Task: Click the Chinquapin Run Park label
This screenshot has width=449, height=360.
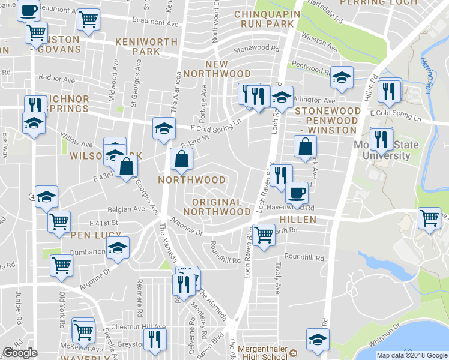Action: coord(264,19)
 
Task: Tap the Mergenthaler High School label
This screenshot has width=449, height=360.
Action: coord(264,352)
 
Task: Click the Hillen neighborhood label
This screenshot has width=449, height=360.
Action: coord(298,220)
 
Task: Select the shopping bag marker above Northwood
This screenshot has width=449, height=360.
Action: coord(181,160)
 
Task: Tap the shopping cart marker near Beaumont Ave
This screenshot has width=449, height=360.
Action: coord(89,20)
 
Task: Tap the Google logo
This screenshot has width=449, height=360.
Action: coord(20,353)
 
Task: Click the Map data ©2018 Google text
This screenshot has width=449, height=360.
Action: coord(412,355)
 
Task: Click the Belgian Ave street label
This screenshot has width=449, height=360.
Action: coord(126,209)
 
